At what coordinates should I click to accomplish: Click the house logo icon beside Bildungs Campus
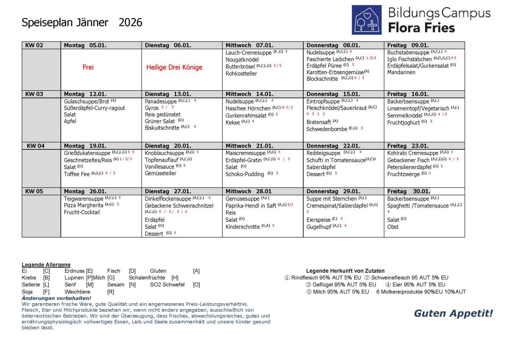click(x=366, y=20)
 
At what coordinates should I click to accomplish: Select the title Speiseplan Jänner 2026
click(x=82, y=22)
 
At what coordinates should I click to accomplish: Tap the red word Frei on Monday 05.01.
click(x=88, y=67)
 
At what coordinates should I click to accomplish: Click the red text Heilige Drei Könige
click(x=174, y=67)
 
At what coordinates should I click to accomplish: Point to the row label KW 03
click(x=34, y=94)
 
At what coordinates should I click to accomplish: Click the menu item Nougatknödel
click(x=242, y=60)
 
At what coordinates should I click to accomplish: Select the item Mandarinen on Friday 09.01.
click(x=401, y=72)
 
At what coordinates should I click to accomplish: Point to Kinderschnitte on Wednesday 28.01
click(x=243, y=227)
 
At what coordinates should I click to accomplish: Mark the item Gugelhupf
click(x=319, y=226)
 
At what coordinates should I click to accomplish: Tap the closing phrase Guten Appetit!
click(x=453, y=313)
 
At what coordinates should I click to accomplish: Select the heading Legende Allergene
click(x=46, y=265)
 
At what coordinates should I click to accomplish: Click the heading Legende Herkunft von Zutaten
click(x=345, y=271)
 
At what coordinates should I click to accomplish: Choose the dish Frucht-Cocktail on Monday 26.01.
click(x=82, y=212)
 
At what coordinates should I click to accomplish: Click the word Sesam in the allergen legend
click(x=116, y=285)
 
